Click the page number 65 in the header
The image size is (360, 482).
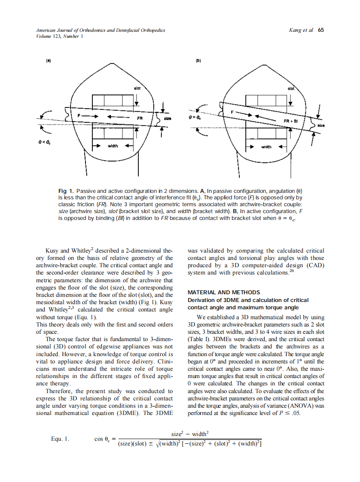pyautogui.click(x=321, y=31)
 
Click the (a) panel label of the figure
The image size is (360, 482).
pyautogui.click(x=49, y=61)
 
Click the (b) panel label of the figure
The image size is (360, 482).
pyautogui.click(x=198, y=61)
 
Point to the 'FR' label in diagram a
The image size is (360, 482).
pyautogui.click(x=140, y=117)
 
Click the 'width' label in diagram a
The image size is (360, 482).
pyautogui.click(x=113, y=146)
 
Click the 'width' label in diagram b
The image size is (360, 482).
pyautogui.click(x=267, y=147)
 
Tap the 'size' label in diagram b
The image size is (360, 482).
pyautogui.click(x=321, y=126)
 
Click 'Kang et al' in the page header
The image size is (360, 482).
pyautogui.click(x=302, y=31)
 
